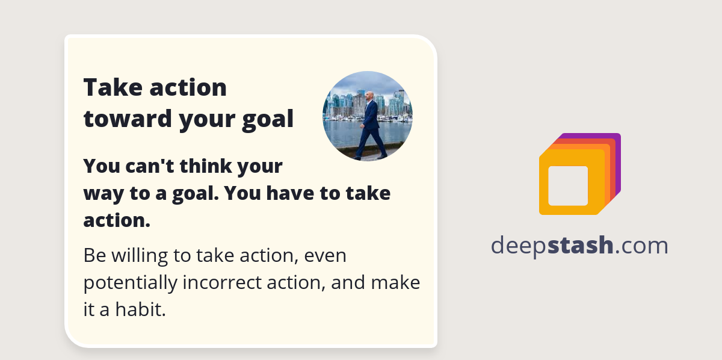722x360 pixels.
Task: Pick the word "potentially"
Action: pyautogui.click(x=130, y=283)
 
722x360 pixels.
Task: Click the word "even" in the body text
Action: pyautogui.click(x=326, y=256)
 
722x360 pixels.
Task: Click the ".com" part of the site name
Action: pyautogui.click(x=641, y=246)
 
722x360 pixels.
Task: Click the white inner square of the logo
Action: pyautogui.click(x=567, y=185)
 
